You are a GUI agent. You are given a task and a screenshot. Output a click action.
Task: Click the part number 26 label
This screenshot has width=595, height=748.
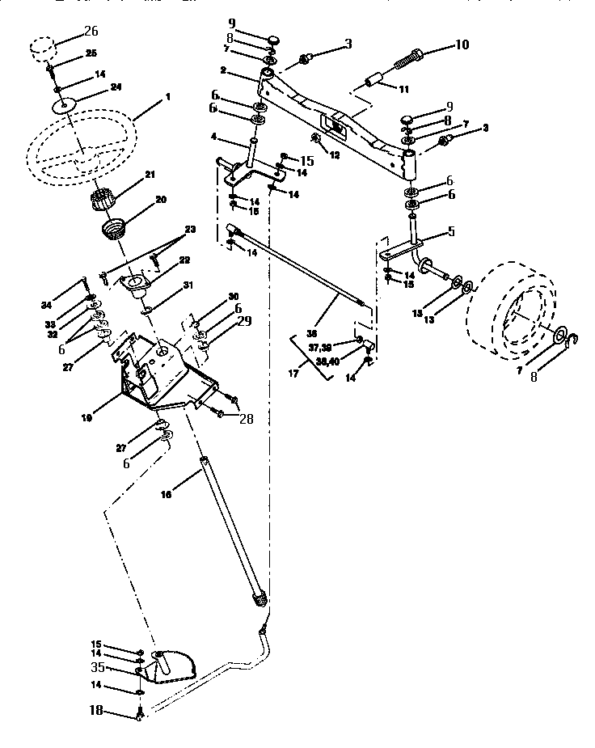[x=90, y=33]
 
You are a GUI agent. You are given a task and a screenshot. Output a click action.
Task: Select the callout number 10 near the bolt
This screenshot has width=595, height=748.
[x=462, y=44]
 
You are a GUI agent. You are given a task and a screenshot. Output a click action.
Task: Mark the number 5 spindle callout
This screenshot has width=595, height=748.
[x=451, y=231]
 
